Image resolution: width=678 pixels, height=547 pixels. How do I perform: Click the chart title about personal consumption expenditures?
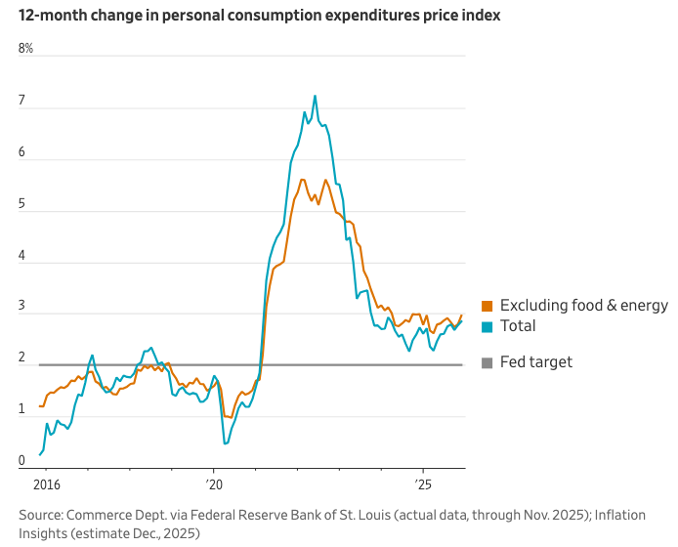[x=259, y=17]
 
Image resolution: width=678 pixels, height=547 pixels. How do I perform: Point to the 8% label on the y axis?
[x=25, y=49]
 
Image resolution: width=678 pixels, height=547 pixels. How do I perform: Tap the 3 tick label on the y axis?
[x=21, y=309]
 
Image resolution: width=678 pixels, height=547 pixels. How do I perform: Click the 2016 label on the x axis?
[x=46, y=484]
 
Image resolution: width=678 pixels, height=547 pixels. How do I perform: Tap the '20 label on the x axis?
[x=215, y=484]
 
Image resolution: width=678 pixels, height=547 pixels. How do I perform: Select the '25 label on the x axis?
[x=423, y=484]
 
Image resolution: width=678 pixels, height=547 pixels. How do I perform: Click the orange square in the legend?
[x=487, y=306]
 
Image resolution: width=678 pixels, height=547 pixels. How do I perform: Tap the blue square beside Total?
[x=487, y=326]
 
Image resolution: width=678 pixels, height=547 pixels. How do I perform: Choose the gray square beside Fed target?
[x=487, y=362]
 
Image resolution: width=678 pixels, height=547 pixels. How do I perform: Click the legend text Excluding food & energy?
[x=583, y=306]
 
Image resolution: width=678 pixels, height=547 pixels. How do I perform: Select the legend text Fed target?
[x=535, y=362]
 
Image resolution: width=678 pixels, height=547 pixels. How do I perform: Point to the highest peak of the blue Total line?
[x=315, y=96]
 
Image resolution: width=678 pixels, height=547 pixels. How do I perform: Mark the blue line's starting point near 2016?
[x=40, y=454]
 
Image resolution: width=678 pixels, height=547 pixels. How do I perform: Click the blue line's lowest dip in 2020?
[x=225, y=443]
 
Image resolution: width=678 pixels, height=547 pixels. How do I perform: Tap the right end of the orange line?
[x=461, y=316]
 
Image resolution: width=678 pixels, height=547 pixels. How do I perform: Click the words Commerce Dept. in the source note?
[x=111, y=514]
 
